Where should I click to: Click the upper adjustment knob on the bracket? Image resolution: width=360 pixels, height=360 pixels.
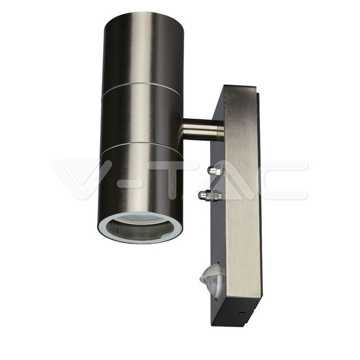[x=217, y=171]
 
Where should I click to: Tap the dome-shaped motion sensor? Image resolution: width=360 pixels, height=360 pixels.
[x=212, y=276]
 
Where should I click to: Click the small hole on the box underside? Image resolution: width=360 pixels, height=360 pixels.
[x=241, y=313]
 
